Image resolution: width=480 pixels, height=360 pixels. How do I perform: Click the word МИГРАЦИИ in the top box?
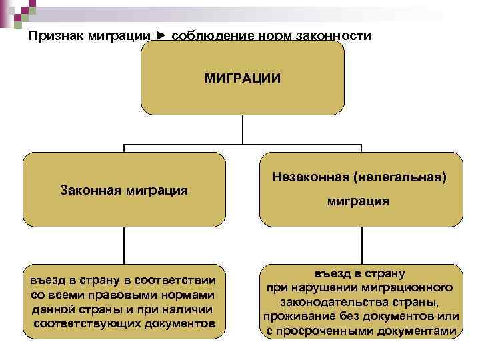pos(242,79)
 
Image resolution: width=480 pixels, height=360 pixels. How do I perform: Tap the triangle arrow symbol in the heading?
pos(162,35)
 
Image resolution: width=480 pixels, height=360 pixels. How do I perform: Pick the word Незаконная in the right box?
pos(311,178)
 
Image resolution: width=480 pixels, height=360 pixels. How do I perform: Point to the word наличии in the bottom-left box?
pos(190,309)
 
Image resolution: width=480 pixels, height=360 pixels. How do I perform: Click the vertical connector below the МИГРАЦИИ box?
pos(242,129)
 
